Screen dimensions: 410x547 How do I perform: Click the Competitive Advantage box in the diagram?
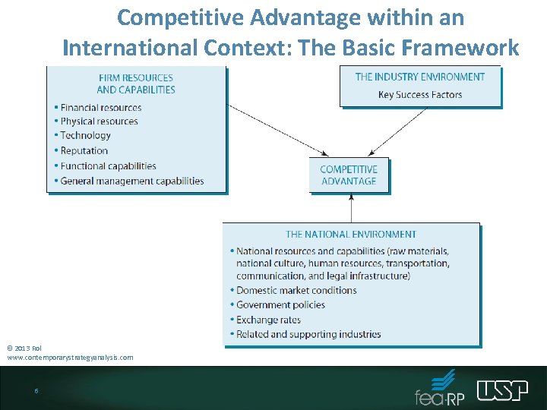[x=349, y=175]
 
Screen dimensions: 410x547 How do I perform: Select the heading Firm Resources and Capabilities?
[x=136, y=84]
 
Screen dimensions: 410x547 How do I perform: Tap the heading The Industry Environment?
[x=420, y=77]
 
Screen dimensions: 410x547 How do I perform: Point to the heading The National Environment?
[x=351, y=235]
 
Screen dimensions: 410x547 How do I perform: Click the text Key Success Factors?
[x=420, y=95]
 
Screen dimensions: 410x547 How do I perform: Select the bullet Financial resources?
[x=101, y=108]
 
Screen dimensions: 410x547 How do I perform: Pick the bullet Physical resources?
[x=100, y=121]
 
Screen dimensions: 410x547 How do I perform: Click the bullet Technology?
[x=86, y=136]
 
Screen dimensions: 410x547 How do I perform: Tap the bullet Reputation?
[x=84, y=151]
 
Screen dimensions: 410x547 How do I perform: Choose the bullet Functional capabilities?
[x=108, y=166]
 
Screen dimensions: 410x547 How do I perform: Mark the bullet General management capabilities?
[x=132, y=181]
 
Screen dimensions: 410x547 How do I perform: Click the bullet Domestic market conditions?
[x=296, y=290]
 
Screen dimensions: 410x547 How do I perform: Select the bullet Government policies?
[x=280, y=304]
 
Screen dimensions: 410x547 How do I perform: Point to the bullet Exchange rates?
[x=268, y=320]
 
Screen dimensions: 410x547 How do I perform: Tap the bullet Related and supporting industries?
[x=308, y=334]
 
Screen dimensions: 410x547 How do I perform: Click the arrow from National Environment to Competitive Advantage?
[x=351, y=207]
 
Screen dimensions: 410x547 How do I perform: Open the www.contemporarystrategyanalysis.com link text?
[x=71, y=357]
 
